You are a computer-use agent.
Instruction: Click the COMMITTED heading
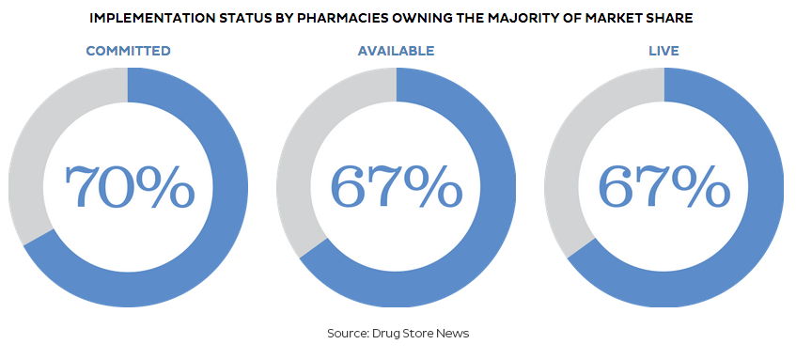[129, 51]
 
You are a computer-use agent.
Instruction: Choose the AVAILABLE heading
[396, 51]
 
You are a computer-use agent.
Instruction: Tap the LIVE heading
[663, 51]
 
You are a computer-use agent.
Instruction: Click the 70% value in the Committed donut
[130, 186]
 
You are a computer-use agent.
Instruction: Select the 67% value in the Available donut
[397, 186]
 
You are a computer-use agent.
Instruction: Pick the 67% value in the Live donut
[664, 186]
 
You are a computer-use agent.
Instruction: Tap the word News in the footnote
[456, 334]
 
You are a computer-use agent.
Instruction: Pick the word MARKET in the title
[615, 19]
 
